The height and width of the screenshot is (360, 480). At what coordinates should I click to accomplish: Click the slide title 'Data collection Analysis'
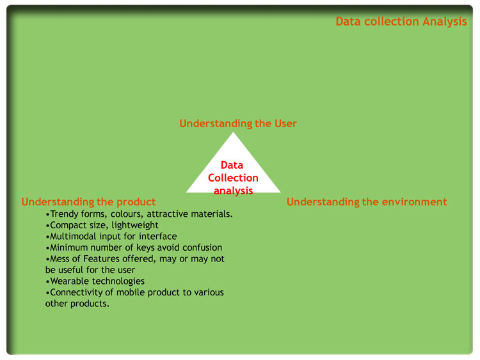[401, 22]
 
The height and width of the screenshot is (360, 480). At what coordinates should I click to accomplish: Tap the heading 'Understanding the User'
[238, 123]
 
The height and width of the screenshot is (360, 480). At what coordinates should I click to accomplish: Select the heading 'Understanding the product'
[88, 202]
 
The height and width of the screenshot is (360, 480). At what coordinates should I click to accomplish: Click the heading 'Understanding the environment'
[367, 202]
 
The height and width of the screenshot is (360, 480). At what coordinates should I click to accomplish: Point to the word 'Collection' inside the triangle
[233, 178]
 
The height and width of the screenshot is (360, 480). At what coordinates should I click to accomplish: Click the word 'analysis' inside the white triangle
[233, 191]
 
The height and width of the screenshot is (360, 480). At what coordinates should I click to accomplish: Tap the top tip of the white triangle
[233, 132]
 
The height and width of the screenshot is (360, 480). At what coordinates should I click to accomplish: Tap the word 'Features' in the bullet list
[101, 259]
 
